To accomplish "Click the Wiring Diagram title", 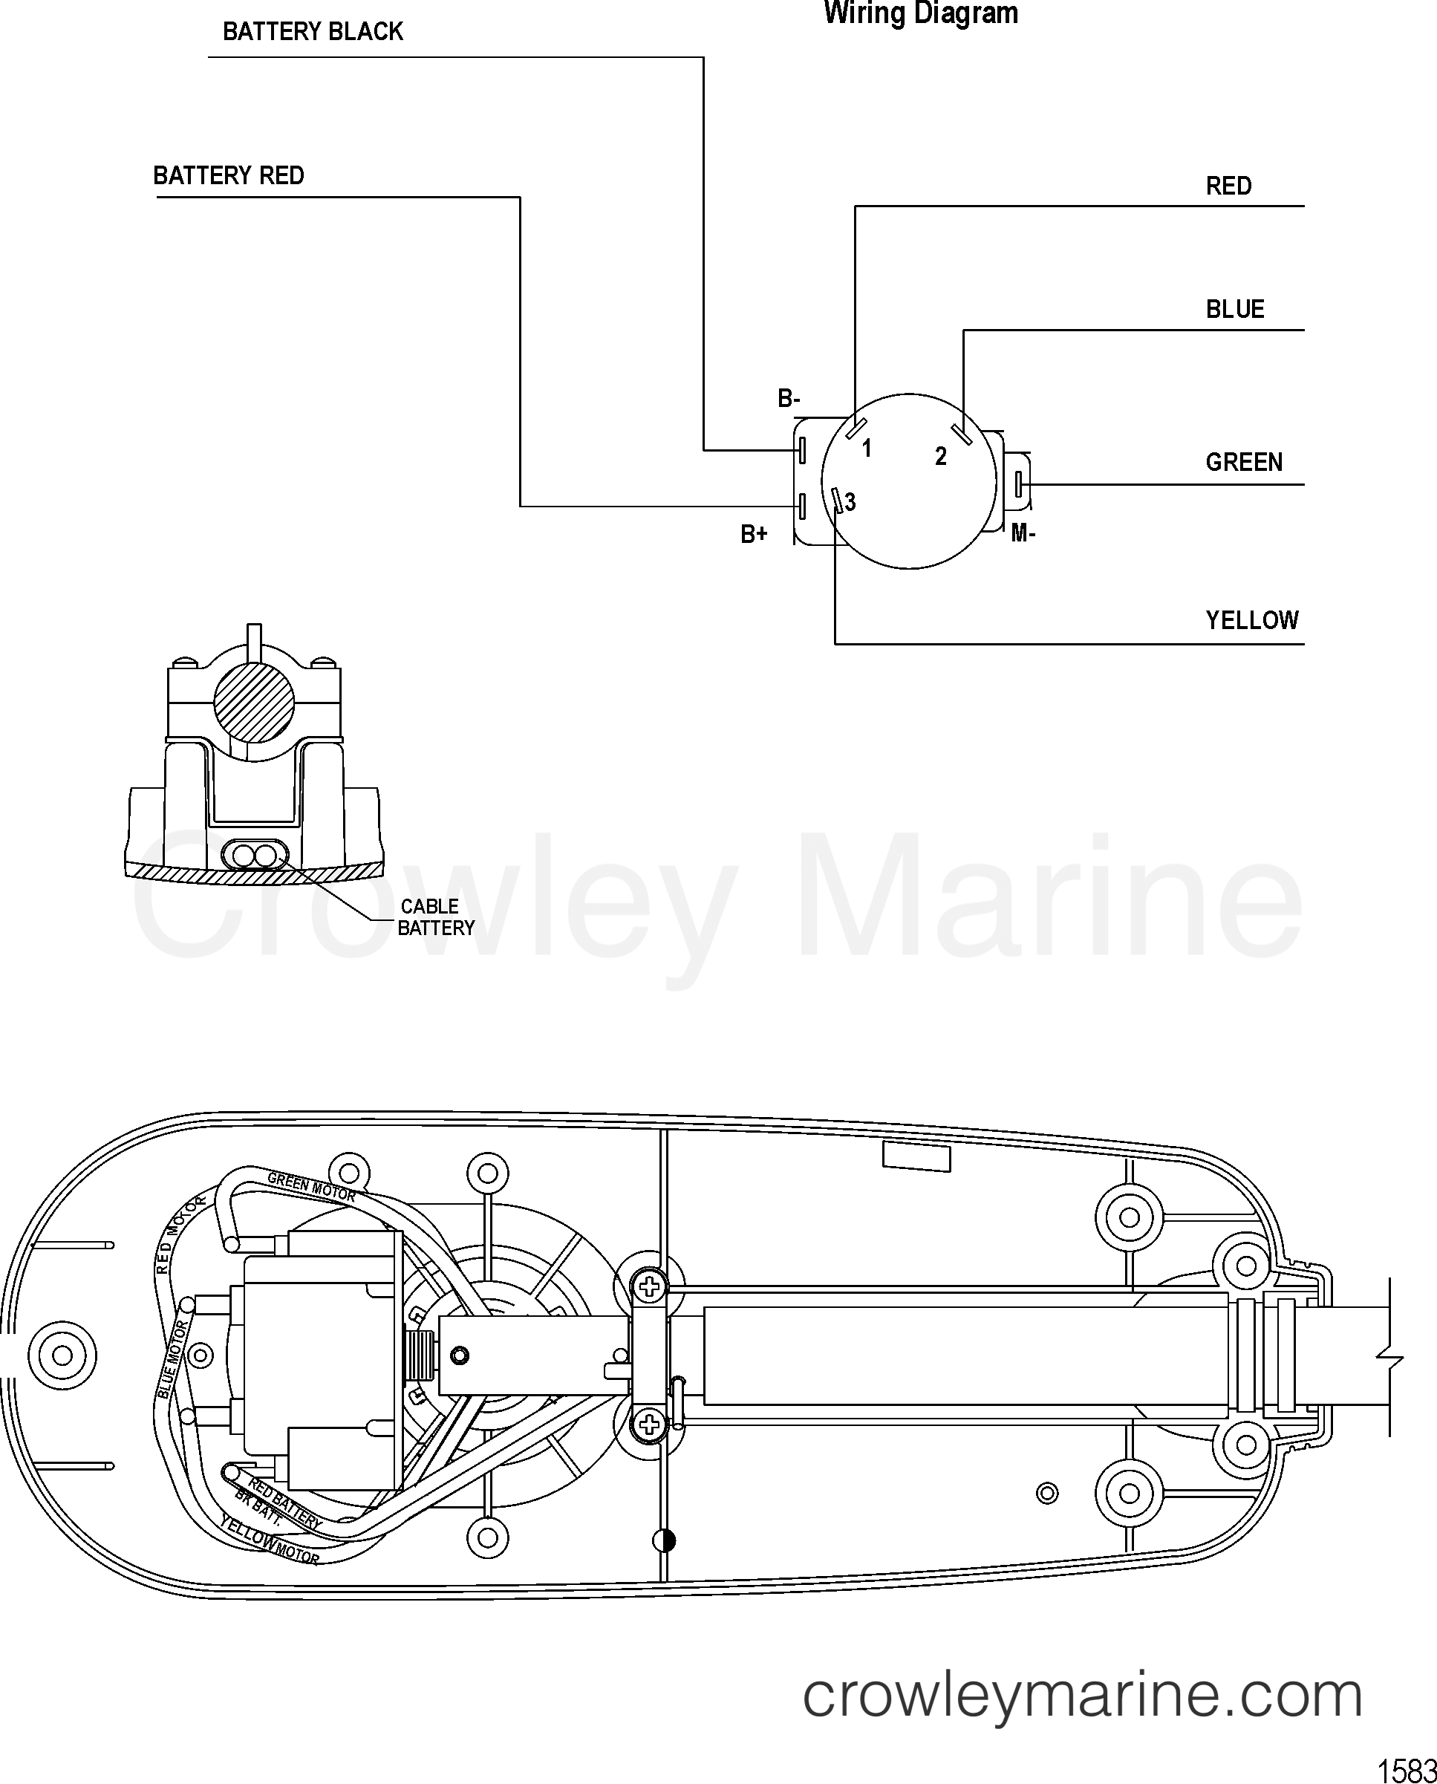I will [920, 14].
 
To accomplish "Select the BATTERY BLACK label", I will [313, 32].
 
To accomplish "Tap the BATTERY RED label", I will [229, 175].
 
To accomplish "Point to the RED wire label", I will [1228, 186].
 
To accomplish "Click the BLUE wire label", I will [1235, 310].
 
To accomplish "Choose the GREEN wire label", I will [1243, 462].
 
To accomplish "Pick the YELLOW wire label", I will [1251, 620].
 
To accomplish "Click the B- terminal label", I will [788, 399].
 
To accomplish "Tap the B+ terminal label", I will [753, 535].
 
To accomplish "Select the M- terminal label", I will [1023, 534].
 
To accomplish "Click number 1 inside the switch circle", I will [867, 449].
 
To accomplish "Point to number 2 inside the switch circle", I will [940, 456].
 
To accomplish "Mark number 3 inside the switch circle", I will [850, 501].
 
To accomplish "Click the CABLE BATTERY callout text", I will [435, 917].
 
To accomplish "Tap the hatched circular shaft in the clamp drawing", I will [254, 703].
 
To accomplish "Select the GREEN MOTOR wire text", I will [311, 1186].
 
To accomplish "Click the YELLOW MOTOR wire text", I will [269, 1539].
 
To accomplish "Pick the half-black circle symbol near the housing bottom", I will [664, 1540].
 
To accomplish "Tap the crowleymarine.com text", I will [1083, 1695].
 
